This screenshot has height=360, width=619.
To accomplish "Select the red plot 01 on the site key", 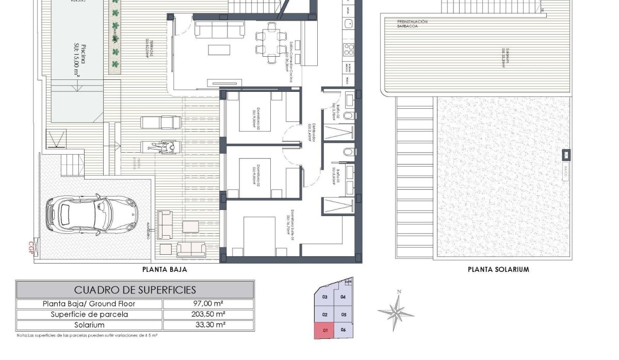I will [x=324, y=330].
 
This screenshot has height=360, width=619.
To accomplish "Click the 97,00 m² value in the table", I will [x=208, y=304].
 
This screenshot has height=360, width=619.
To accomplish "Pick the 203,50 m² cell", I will [x=208, y=314].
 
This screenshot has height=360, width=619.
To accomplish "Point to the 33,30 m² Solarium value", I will [x=208, y=325].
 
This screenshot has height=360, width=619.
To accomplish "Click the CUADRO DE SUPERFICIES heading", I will [x=135, y=290].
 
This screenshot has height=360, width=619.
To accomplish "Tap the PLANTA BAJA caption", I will [x=164, y=269].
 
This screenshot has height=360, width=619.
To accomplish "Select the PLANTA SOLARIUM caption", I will [x=498, y=269].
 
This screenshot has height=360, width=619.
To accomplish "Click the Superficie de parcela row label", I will [x=89, y=314].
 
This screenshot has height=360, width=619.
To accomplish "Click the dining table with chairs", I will [x=270, y=42].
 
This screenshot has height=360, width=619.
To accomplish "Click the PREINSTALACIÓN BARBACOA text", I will [x=412, y=25].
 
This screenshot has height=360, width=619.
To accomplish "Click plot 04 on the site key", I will [x=343, y=297].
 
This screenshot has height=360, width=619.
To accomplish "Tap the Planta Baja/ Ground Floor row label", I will [x=89, y=304].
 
